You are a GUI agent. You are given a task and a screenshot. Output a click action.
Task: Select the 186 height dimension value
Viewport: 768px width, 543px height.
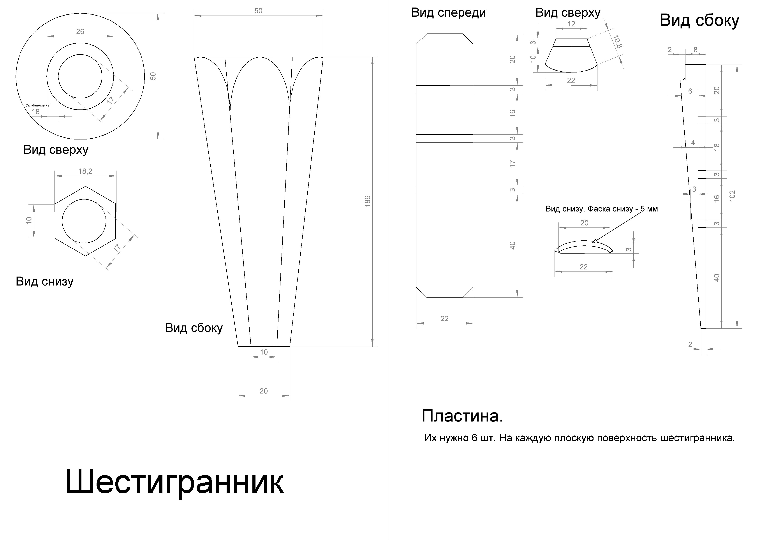367,201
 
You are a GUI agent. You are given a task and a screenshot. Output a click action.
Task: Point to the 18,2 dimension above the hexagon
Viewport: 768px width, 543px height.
85,171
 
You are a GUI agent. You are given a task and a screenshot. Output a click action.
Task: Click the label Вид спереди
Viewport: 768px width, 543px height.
449,13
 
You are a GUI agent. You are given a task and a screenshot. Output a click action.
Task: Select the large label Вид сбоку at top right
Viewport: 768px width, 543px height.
699,20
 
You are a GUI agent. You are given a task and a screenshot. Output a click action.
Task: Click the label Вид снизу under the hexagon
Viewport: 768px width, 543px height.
44,281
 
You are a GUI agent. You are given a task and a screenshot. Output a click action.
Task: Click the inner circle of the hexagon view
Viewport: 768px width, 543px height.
84,221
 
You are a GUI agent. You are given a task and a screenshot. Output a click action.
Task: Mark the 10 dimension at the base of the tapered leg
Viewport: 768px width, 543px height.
264,352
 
